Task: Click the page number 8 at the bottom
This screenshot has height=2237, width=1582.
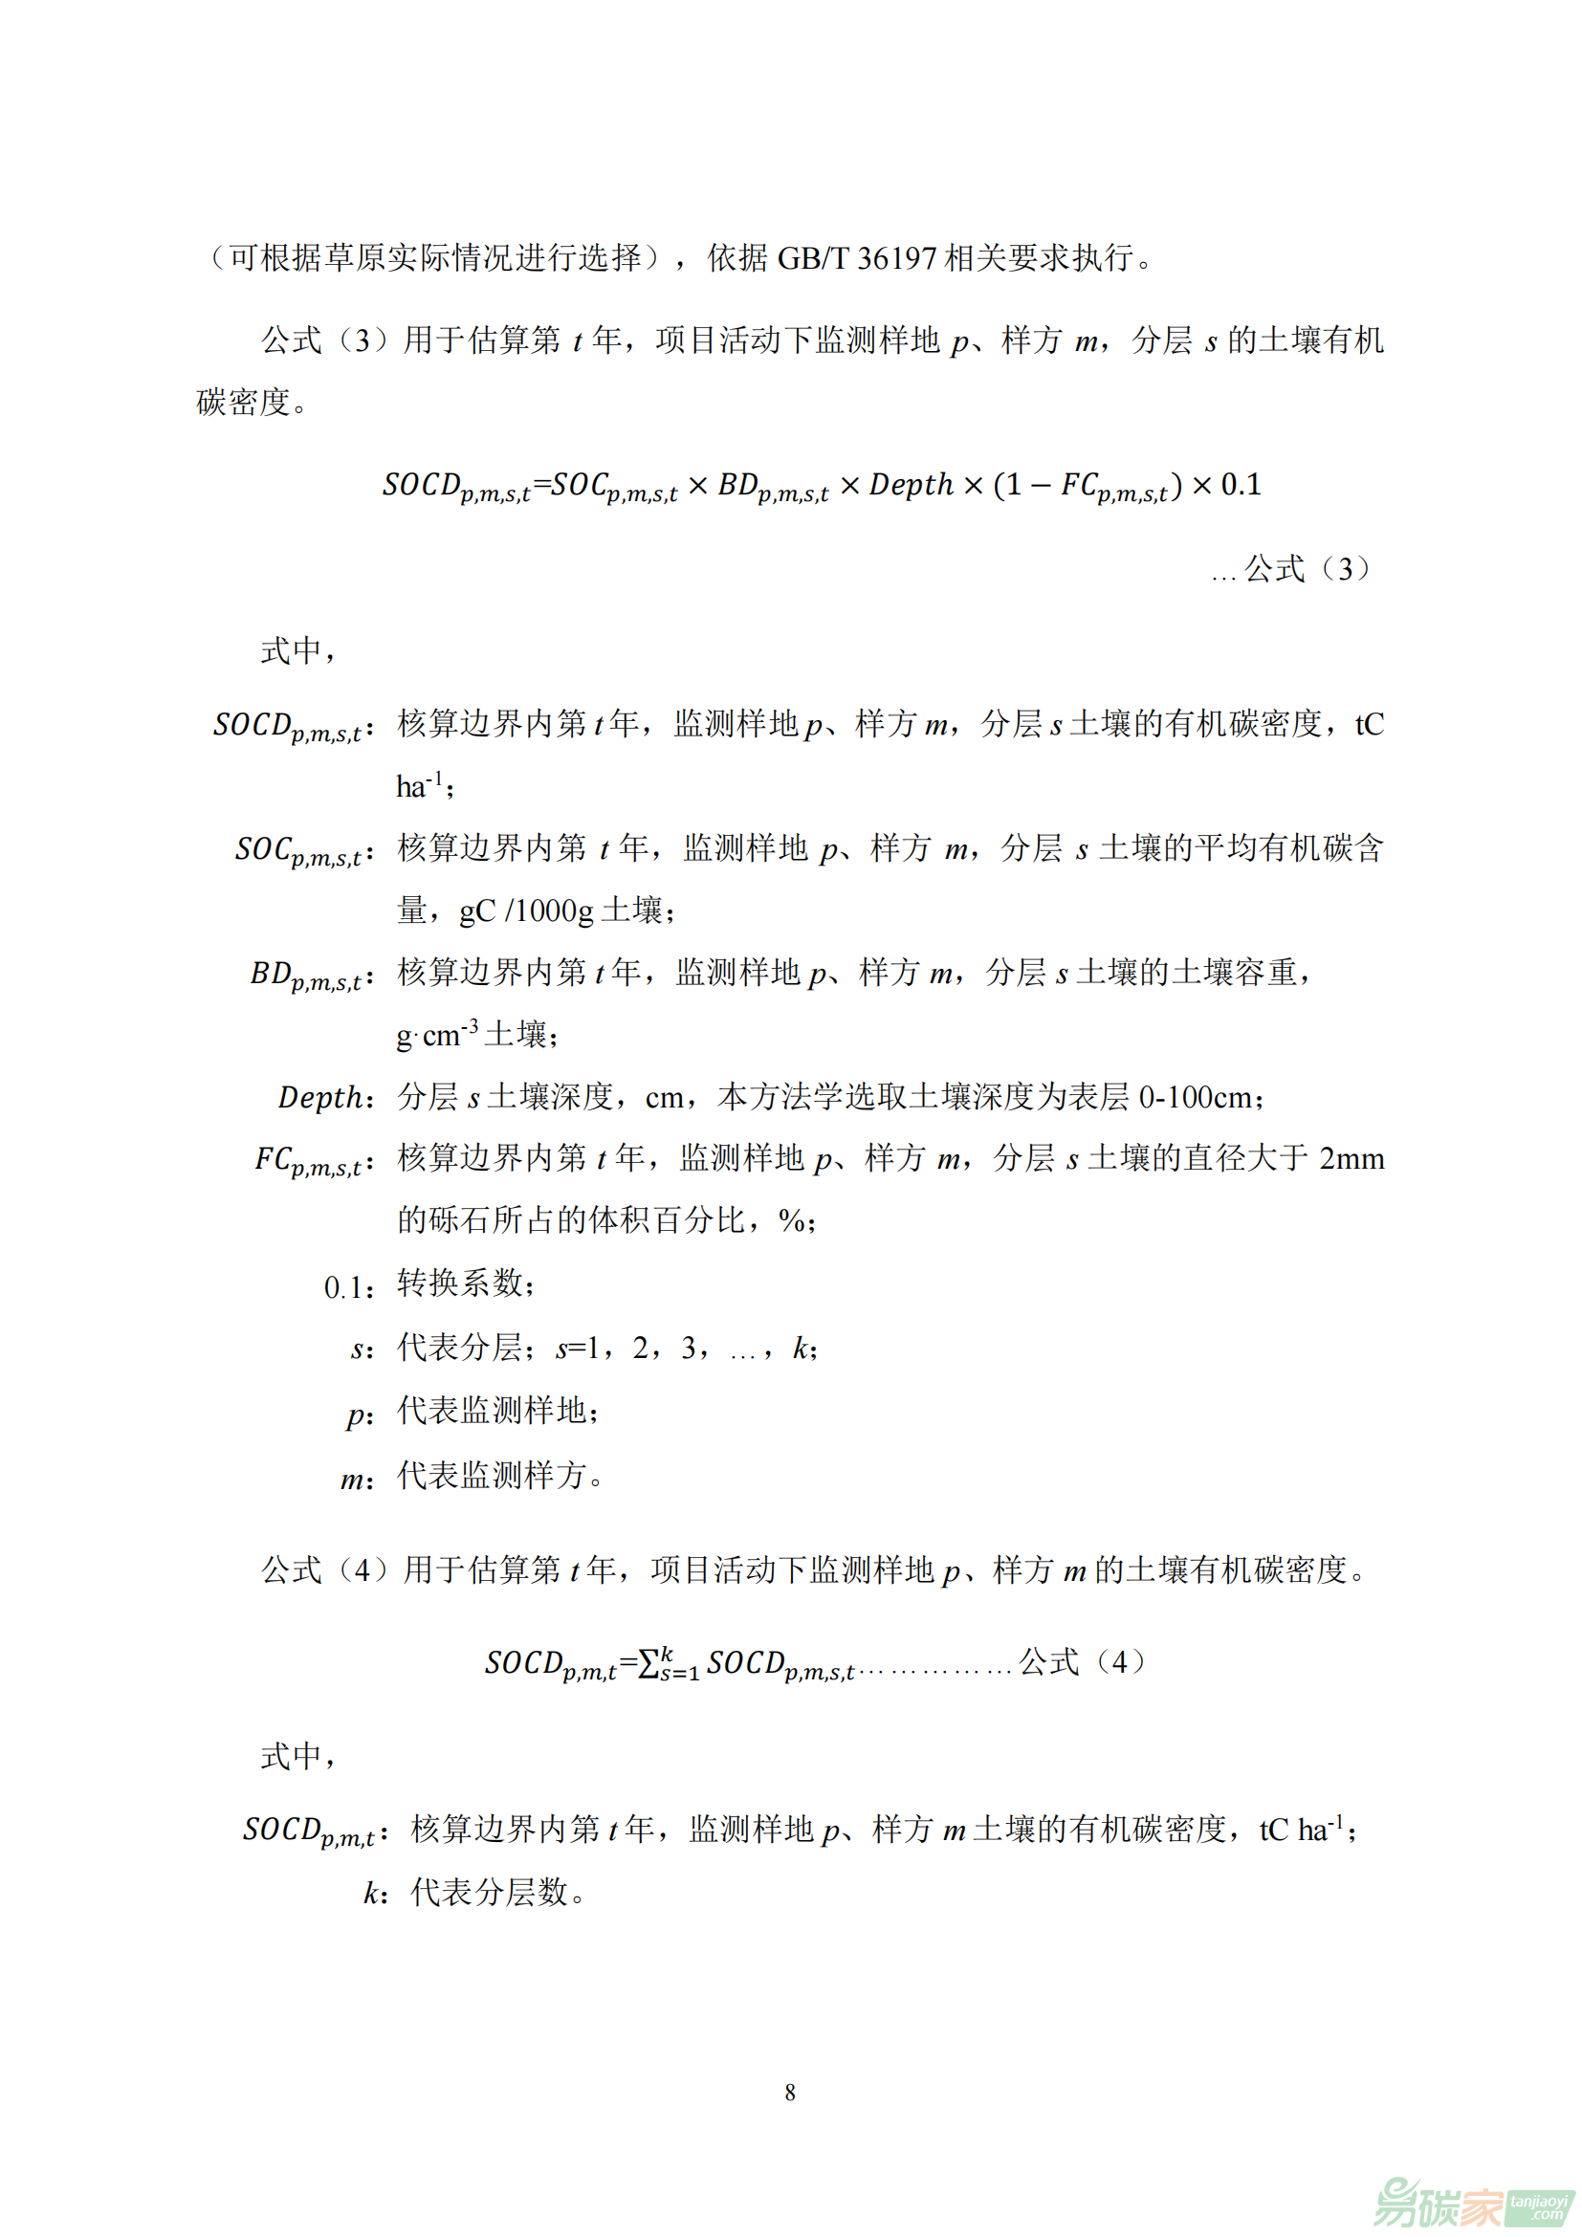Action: coord(790,2092)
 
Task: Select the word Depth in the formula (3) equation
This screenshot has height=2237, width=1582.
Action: coord(911,484)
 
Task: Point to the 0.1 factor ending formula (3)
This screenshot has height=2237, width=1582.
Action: coord(1241,484)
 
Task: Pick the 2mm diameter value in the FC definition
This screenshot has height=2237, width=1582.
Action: coord(1351,1158)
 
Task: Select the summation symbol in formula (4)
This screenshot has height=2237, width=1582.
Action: coord(648,1663)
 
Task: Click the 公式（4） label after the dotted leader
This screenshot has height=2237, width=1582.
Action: coord(1083,1661)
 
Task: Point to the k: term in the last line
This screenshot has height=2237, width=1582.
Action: coord(375,1892)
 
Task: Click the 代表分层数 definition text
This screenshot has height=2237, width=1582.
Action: coord(489,1892)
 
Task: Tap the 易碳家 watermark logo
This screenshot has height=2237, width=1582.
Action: coord(1472,2201)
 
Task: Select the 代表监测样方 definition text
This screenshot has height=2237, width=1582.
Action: coord(492,1475)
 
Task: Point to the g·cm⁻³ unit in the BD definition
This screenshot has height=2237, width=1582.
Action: coord(437,1035)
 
